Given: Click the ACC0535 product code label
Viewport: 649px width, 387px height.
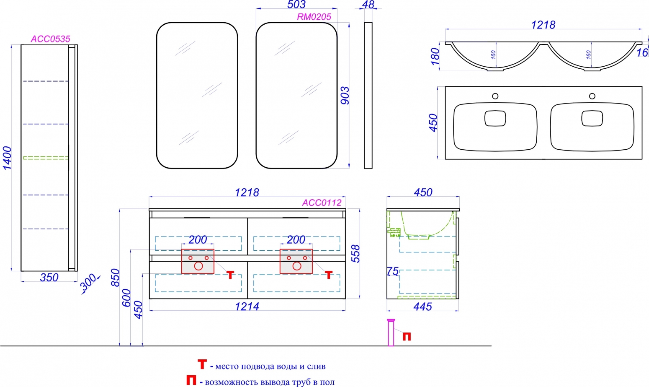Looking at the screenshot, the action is [50, 39].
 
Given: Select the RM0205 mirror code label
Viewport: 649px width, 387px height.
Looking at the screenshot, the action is [314, 17].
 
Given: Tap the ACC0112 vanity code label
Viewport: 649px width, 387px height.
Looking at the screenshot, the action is [322, 203].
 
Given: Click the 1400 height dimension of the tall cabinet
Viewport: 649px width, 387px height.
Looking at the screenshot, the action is [7, 158].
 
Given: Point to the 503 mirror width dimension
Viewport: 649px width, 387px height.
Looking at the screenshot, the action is [296, 4].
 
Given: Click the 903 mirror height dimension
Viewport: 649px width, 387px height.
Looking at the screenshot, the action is [345, 96].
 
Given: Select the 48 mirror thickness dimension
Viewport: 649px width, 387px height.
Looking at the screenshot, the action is [368, 4].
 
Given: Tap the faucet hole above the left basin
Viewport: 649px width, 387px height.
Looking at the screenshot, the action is [495, 96].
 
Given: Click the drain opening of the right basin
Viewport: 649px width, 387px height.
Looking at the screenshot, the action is [592, 118].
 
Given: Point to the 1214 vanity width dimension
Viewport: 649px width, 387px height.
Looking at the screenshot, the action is [247, 306].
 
